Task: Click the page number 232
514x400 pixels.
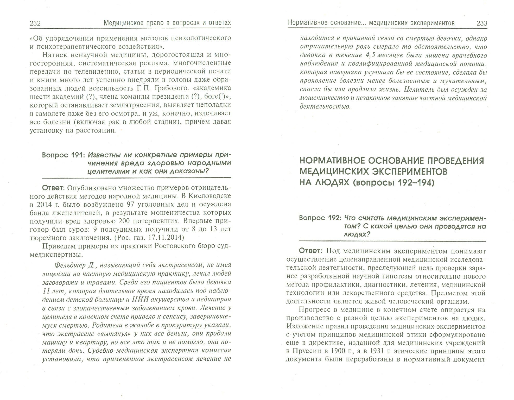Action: pyautogui.click(x=35, y=24)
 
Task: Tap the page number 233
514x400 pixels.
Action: pyautogui.click(x=481, y=23)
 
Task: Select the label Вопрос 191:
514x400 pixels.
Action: pyautogui.click(x=63, y=155)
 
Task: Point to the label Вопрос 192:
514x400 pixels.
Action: pyautogui.click(x=320, y=218)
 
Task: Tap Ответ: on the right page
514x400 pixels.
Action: pyautogui.click(x=310, y=251)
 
